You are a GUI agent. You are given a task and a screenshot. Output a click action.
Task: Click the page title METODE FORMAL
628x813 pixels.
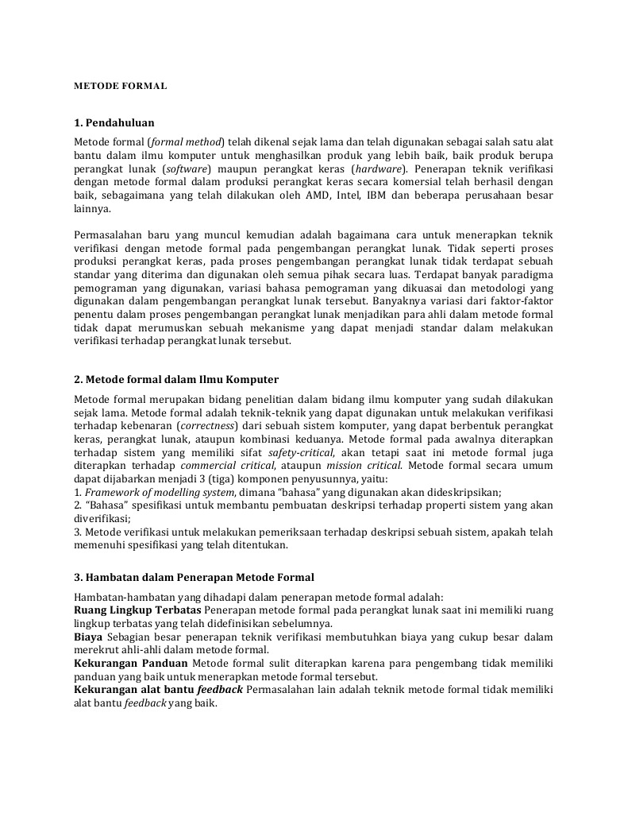[120, 86]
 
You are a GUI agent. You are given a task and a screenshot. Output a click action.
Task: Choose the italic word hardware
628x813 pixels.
[379, 168]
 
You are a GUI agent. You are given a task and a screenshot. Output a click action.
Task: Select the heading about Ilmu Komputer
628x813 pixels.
[176, 380]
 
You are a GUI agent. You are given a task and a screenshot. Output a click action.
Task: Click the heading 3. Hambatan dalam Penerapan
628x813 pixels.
[194, 577]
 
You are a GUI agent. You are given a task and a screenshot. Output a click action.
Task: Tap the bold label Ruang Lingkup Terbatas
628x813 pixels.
[137, 610]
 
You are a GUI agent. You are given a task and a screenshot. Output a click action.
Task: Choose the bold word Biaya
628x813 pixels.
[87, 637]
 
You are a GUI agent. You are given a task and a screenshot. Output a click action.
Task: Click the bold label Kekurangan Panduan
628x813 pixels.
[130, 664]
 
